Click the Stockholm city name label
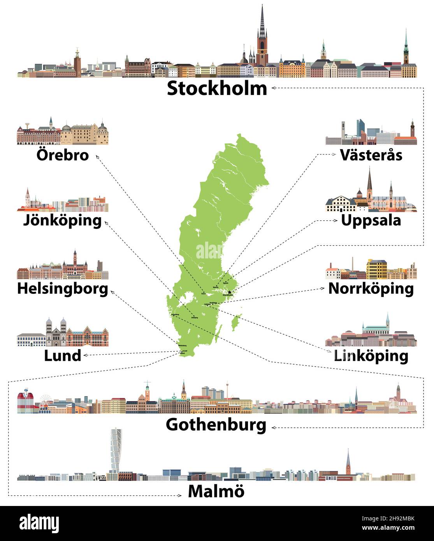[217, 89]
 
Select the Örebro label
[63, 155]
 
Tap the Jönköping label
[63, 221]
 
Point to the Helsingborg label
[63, 288]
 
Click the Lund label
[63, 355]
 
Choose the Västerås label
[371, 155]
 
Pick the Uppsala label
[371, 220]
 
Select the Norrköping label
[371, 288]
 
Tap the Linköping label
[371, 356]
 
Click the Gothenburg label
[216, 425]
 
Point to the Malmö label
[216, 492]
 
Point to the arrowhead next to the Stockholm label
[274, 88]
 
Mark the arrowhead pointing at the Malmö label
[180, 495]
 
